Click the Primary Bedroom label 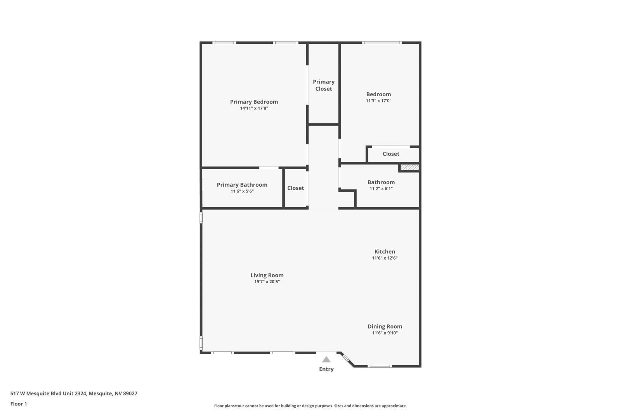[x=254, y=102]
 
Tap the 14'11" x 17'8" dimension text [x=254, y=108]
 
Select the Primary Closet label [x=324, y=85]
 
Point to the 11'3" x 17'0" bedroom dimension [x=378, y=100]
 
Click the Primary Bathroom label [x=242, y=185]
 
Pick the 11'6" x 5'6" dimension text [x=242, y=191]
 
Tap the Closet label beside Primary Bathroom [x=295, y=188]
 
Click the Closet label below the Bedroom [x=391, y=154]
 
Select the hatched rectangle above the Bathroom [x=409, y=167]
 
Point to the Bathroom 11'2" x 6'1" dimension [x=381, y=189]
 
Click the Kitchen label [x=385, y=251]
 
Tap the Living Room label [x=267, y=275]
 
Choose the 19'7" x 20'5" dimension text [x=267, y=282]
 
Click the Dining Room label [x=385, y=326]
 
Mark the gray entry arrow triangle [x=326, y=360]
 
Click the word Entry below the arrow [x=326, y=369]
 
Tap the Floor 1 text [x=19, y=404]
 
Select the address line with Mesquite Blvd [x=74, y=393]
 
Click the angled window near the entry [x=346, y=358]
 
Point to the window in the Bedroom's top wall [x=382, y=43]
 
